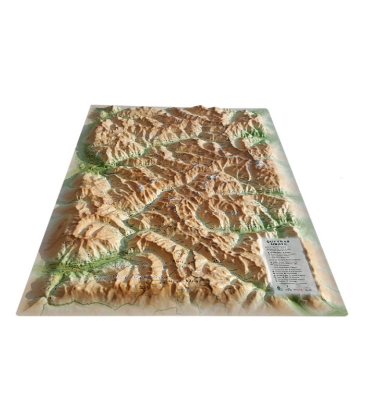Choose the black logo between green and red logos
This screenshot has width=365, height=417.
[x=292, y=288]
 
